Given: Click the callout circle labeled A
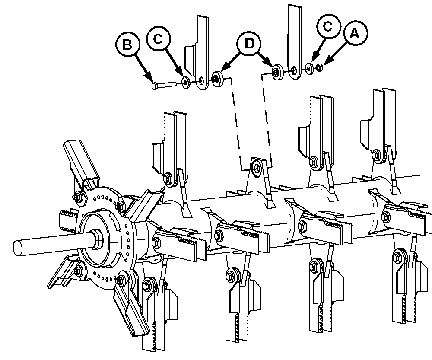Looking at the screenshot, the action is pos(355,33).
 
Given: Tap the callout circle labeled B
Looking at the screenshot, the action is pos(127,45).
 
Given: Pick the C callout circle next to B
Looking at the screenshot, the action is pos(159,39).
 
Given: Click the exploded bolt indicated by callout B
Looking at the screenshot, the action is pos(164,84).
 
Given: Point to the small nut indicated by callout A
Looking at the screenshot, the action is pos(320,67).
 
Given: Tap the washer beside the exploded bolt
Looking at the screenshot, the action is pos(186,82).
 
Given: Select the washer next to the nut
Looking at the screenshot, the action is pos(310,68).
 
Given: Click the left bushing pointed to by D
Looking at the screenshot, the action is pos(218,79).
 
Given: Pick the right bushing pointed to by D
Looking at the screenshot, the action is pos(277,72).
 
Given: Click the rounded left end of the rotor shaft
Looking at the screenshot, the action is pos(18,247).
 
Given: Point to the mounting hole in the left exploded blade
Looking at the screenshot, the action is pos(202,81).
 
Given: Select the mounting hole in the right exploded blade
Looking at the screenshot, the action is pos(294,70).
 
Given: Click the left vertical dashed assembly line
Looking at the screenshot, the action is pos(236,124).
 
